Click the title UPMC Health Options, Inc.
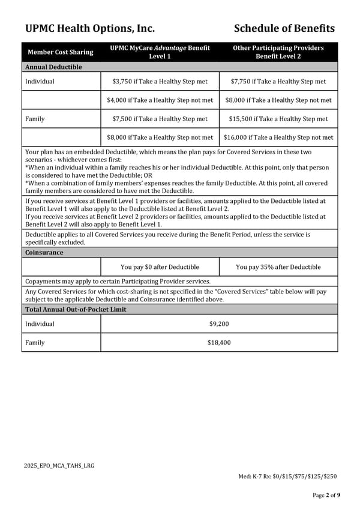pos(90,28)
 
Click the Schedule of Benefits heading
pos(284,28)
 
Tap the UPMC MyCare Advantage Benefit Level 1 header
pos(160,52)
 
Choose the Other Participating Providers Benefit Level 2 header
pos(278,52)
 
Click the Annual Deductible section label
pos(53,67)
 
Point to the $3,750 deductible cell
pos(160,81)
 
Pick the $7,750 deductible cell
pos(278,81)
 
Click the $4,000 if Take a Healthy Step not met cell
pos(160,100)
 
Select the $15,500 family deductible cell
pos(278,119)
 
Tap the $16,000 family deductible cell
pos(278,137)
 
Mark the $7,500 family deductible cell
pos(160,119)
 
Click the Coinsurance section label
pos(44,253)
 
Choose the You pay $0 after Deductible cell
pos(160,267)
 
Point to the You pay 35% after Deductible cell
pos(278,267)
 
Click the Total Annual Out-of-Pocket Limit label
pos(76,310)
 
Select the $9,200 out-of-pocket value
pos(219,324)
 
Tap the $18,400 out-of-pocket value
pos(219,343)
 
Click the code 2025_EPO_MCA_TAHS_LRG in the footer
pos(59,466)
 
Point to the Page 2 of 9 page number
pos(326,495)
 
